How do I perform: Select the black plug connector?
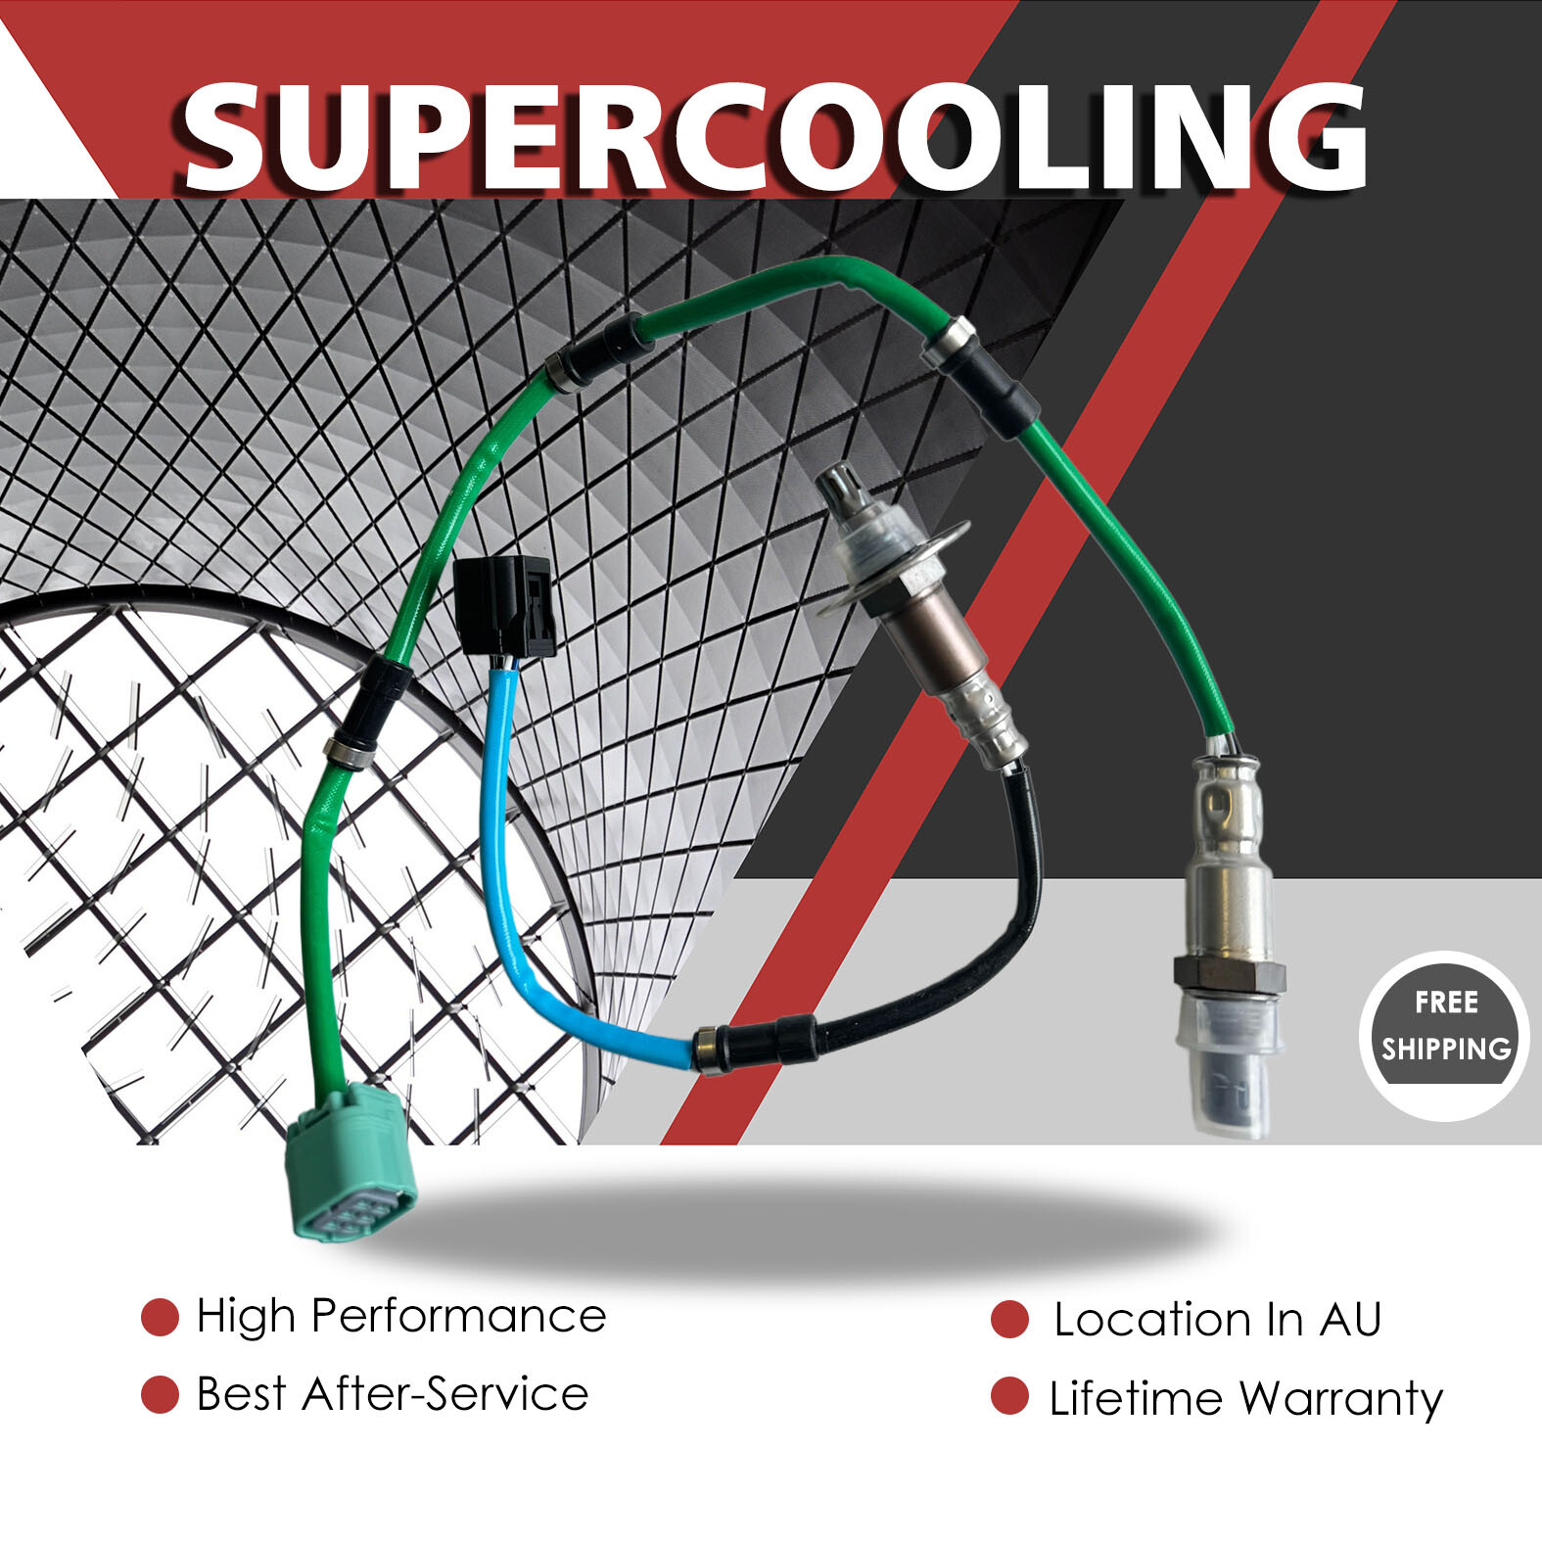pos(505,606)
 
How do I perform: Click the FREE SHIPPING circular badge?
pos(1444,1036)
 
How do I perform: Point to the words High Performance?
pos(400,1317)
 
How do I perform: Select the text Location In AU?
pos(1217,1320)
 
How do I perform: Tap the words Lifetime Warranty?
pos(1245,1399)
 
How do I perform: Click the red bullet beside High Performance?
pos(160,1318)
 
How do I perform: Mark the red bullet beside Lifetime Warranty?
pos(1009,1396)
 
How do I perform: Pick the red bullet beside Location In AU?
pos(1009,1320)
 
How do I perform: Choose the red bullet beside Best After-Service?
pos(160,1395)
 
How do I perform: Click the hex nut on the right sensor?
pos(1229,974)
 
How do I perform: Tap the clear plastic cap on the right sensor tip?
pos(1229,1067)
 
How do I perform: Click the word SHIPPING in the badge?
pos(1446,1050)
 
